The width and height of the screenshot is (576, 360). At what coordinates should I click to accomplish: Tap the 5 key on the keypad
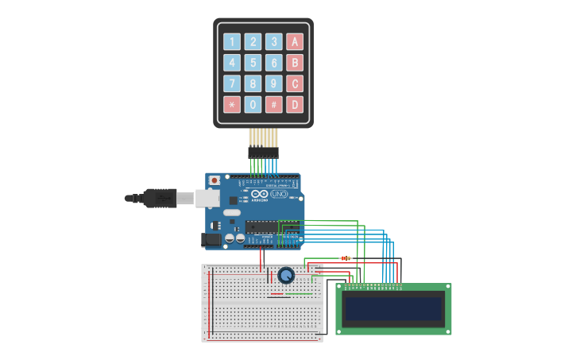coord(253,63)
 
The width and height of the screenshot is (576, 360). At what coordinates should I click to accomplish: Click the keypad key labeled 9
coord(273,83)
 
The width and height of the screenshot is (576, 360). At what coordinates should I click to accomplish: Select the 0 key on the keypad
coord(253,104)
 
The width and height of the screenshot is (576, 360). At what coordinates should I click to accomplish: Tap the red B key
coord(295,63)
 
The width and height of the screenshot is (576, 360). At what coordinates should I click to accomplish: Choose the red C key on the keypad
coord(295,83)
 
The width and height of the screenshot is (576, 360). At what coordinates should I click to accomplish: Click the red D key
coord(295,104)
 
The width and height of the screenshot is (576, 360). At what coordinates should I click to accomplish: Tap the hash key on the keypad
coord(273,104)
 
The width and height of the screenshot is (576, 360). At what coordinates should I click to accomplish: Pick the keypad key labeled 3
coord(273,42)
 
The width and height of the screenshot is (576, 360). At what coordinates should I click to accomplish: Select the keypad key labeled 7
coord(231,83)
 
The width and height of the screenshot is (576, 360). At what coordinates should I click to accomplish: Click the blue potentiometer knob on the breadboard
coord(286,275)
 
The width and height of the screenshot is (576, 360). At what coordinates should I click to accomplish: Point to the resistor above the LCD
coord(346,257)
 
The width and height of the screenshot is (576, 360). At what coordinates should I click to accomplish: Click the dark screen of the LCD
coord(393,308)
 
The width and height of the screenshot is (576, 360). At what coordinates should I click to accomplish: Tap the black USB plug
coord(159,198)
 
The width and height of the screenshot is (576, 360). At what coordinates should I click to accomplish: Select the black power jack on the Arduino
coord(212,238)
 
